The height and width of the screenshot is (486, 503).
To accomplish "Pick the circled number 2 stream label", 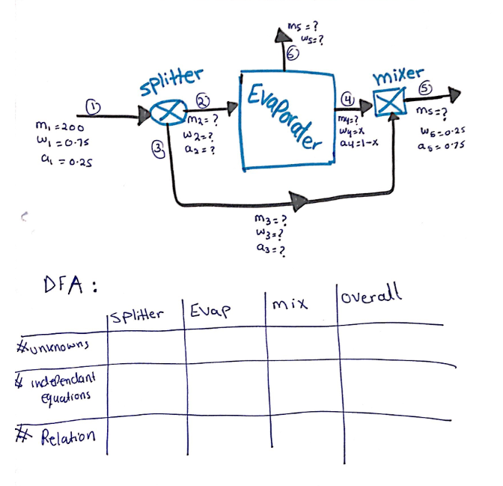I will tap(203, 100).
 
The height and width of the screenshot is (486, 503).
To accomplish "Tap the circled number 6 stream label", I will tap(293, 51).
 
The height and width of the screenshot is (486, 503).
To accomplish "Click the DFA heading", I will tap(71, 286).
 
